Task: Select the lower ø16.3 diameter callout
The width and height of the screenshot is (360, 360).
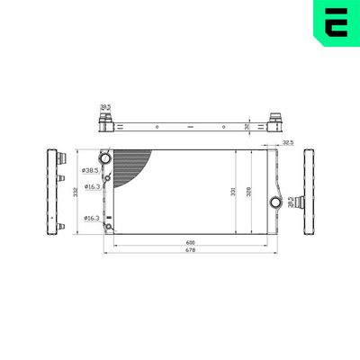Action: (91, 218)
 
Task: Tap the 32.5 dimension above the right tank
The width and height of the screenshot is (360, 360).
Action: (287, 142)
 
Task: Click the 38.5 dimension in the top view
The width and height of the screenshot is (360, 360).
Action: (104, 106)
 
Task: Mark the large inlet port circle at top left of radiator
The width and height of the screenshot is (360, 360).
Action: (106, 159)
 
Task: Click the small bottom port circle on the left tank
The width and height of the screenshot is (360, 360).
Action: (108, 226)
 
